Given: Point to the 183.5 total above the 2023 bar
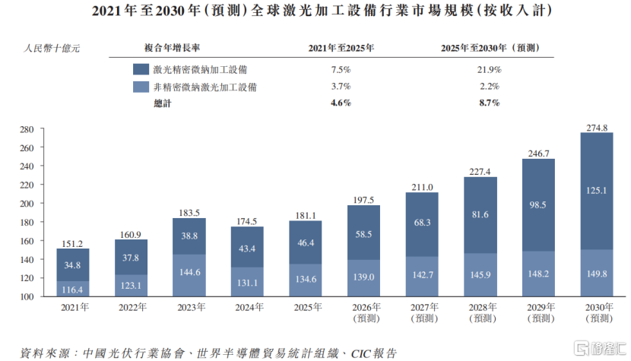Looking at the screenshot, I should [x=189, y=212].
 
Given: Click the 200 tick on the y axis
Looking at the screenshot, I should [x=27, y=204].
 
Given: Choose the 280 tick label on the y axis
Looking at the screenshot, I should [x=27, y=129].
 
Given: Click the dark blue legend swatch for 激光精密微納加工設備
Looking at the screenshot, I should [x=141, y=69].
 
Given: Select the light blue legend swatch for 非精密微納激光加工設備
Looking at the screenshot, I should [x=141, y=87].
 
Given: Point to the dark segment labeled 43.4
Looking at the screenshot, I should [x=248, y=248].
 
